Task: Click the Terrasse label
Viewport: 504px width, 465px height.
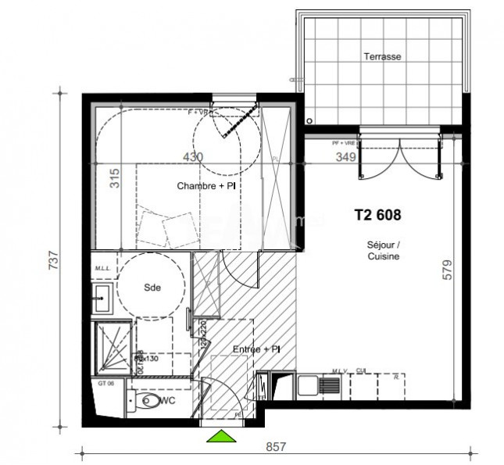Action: coord(382,57)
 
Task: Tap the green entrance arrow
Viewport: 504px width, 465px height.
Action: coord(221,437)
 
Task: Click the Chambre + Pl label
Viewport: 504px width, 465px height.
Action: coord(206,186)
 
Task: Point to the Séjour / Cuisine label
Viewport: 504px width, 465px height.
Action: coord(383,251)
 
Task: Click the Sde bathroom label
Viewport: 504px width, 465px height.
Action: coord(152,288)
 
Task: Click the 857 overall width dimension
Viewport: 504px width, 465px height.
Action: coord(276,448)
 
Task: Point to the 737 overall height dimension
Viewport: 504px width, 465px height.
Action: coord(54,259)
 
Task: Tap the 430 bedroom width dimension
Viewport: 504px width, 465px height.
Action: coord(192,157)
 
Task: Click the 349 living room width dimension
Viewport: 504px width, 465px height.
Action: coord(346,157)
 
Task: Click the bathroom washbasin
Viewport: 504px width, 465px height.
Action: coord(102,295)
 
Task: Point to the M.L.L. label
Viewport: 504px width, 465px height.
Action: coord(102,270)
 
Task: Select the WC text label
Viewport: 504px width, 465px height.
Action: coord(166,401)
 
